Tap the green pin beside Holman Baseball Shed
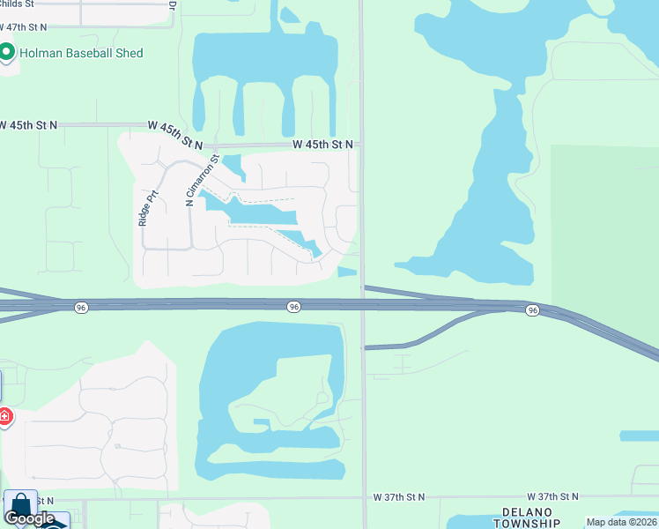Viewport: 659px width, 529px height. (8, 53)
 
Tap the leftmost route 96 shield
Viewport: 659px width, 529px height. (81, 307)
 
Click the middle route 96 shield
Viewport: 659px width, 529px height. (294, 306)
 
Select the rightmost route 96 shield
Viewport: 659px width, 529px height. (532, 310)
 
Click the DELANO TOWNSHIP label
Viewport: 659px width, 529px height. (526, 518)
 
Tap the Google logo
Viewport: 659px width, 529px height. (28, 518)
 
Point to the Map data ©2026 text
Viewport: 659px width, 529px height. (621, 522)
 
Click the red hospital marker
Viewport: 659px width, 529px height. (4, 416)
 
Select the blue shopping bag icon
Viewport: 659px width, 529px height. (20, 505)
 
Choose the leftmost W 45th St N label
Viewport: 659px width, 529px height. (28, 126)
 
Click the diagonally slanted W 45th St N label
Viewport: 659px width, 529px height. (176, 134)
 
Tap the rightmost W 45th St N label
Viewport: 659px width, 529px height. (322, 144)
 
